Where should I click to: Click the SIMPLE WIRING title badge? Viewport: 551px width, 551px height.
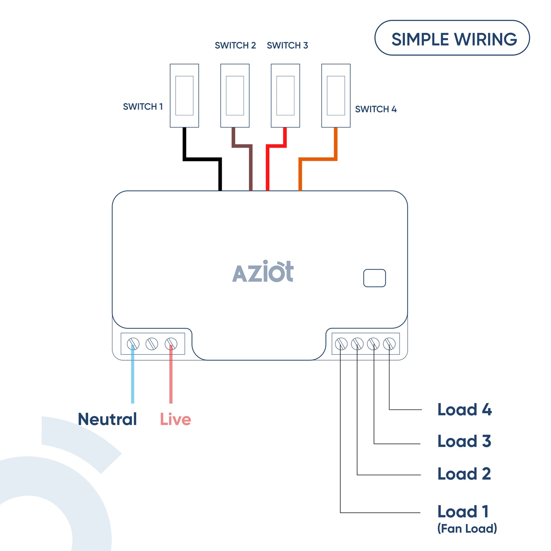(x=452, y=38)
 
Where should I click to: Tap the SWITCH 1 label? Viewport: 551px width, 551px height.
(x=143, y=107)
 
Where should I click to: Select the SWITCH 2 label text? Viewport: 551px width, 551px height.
(x=235, y=45)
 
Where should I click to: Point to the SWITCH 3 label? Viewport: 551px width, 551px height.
(x=287, y=45)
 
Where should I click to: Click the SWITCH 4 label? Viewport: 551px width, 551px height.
(x=376, y=109)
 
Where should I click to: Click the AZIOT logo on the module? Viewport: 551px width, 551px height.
(x=263, y=272)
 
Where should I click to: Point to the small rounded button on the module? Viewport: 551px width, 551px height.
(x=374, y=278)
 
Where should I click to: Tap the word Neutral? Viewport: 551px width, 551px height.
(x=107, y=419)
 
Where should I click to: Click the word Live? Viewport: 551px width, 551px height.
(x=175, y=419)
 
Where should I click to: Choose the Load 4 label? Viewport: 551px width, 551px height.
(x=464, y=409)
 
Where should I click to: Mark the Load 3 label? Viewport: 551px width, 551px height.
(x=464, y=441)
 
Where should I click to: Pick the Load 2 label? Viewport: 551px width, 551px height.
(x=464, y=474)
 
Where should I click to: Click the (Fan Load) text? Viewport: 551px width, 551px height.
(x=467, y=528)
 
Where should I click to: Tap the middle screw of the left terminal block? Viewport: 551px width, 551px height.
(x=152, y=344)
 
